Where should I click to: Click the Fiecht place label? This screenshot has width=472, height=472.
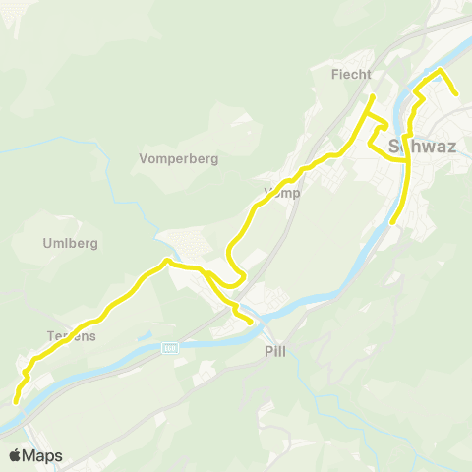coord(352,73)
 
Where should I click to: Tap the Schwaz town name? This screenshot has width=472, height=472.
coord(423,147)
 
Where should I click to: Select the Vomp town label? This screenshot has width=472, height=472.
coord(282,193)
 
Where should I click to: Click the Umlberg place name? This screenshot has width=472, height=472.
coord(70,243)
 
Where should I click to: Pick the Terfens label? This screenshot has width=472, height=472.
coord(70,335)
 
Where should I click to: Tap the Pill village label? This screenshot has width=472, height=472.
coord(275,351)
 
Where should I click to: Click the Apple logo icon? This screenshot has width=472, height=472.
coord(15,455)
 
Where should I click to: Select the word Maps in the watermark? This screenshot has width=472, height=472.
coord(42,455)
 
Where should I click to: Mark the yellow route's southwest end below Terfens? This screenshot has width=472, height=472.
coord(16,400)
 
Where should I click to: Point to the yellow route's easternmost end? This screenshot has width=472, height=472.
coord(456,94)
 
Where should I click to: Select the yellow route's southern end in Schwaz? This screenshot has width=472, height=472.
coord(392,222)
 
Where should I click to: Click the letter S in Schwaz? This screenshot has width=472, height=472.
coord(395,147)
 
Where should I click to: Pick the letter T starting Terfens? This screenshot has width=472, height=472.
coord(50,335)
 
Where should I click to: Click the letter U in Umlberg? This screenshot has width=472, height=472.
coord(47,243)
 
